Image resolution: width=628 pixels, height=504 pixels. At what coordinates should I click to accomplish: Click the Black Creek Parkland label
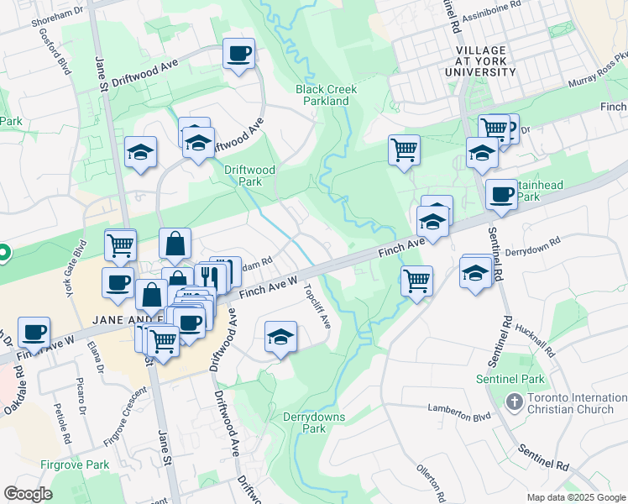tap(327, 95)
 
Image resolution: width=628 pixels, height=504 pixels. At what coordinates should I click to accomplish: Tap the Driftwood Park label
tap(249, 175)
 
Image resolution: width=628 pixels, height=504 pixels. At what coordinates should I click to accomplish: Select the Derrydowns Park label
tap(304, 422)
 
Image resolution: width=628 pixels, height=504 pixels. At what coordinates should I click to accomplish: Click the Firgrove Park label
tap(75, 465)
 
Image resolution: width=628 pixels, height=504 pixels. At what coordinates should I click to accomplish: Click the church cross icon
tap(513, 402)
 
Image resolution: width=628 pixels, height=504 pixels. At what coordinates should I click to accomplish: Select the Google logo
tap(28, 494)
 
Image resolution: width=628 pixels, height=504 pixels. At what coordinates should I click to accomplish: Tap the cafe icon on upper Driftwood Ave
tap(239, 54)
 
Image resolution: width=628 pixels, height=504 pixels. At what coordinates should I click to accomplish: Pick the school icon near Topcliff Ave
tap(280, 338)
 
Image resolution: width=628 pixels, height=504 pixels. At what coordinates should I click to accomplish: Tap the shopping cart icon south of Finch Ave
tap(416, 281)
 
